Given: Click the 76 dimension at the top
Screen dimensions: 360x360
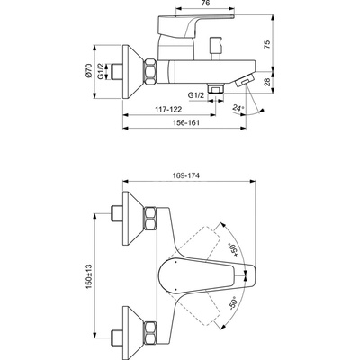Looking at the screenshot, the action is (205, 4).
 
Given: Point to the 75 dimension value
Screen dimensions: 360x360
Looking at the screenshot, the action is (267, 44).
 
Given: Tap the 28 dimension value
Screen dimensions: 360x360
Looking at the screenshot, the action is (267, 82).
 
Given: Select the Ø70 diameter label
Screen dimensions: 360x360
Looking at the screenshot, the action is (88, 71).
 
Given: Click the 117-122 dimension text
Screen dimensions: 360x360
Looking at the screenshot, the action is (168, 110).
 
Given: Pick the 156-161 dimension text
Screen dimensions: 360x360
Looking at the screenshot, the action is (186, 122).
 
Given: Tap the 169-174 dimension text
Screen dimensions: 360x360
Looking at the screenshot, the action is (186, 175).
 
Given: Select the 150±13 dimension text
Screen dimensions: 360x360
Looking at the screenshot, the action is (89, 276).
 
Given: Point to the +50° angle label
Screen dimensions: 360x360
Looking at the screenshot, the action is (234, 249).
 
